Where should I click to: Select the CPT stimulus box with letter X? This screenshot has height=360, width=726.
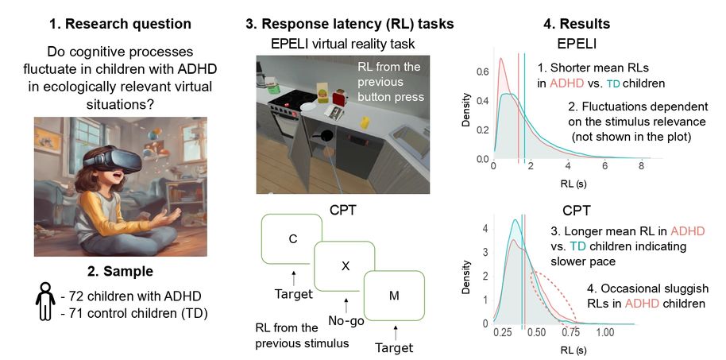coord(345,266)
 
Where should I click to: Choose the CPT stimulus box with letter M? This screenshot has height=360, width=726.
coord(395,296)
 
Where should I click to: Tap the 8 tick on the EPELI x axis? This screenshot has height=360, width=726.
coord(642,168)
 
